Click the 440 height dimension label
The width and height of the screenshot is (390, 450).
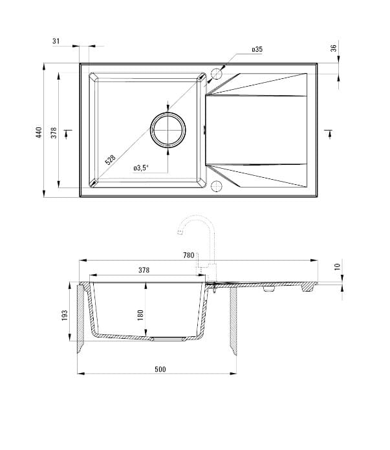(39, 133)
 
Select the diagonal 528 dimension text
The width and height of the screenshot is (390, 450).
(111, 158)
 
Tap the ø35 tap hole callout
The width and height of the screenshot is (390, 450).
(256, 49)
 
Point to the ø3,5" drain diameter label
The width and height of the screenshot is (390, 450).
(141, 168)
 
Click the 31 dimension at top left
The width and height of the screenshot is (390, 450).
(56, 41)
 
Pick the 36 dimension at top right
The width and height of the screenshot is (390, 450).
(334, 48)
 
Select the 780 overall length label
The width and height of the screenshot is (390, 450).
(188, 255)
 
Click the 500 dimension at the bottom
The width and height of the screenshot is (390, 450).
(160, 369)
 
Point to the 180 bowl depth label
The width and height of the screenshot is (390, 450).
(140, 315)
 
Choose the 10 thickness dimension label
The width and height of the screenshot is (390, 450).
(336, 267)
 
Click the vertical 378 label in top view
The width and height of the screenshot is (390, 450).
(54, 133)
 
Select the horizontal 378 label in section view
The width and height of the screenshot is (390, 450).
(144, 270)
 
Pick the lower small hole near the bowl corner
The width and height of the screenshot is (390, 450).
(216, 187)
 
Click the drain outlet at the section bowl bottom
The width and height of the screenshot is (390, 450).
(167, 338)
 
